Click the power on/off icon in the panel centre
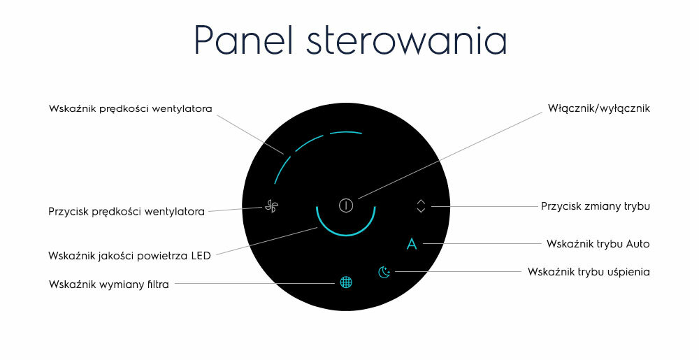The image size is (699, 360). pos(346,206)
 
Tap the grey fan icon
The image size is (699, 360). pos(271,206)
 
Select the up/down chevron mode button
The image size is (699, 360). pos(421,206)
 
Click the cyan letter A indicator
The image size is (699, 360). pos(412,244)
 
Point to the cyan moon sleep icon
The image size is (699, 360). pos(384,272)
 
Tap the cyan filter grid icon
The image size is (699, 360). pos(346,282)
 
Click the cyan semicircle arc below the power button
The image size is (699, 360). pos(346,235)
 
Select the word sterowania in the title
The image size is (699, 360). pos(407,42)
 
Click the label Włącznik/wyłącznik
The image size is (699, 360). pos(599,108)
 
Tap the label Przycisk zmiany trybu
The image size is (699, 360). pos(595,206)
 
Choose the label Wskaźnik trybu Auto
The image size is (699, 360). pos(598,244)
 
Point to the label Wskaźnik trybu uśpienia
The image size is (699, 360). pos(589,272)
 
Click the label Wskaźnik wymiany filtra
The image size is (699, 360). pos(109,285)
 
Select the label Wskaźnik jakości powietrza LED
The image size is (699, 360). pos(129,256)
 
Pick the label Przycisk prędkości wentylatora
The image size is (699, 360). pos(126,212)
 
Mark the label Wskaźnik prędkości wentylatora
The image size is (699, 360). pos(130,109)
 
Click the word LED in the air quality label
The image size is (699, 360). pos(201,256)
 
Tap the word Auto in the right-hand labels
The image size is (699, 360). pos(638,244)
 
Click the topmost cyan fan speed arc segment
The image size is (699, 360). pos(345,132)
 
